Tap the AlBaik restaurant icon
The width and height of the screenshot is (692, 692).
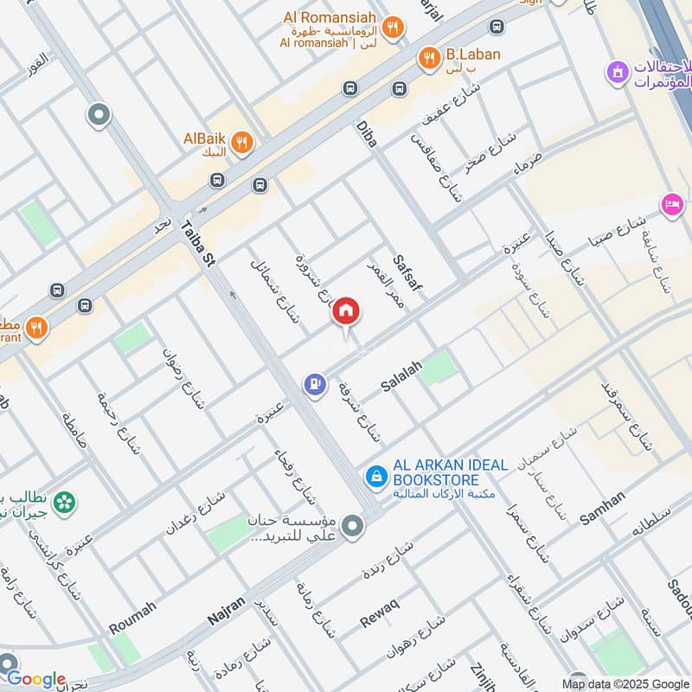243,143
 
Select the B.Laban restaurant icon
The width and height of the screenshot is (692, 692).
427,58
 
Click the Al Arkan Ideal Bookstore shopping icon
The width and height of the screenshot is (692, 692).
375,475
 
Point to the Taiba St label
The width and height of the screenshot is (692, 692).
196,245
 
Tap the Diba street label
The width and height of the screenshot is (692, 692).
367,134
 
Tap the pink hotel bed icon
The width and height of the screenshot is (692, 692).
670,205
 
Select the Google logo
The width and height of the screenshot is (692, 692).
35,679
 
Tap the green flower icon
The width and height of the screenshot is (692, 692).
63,502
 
